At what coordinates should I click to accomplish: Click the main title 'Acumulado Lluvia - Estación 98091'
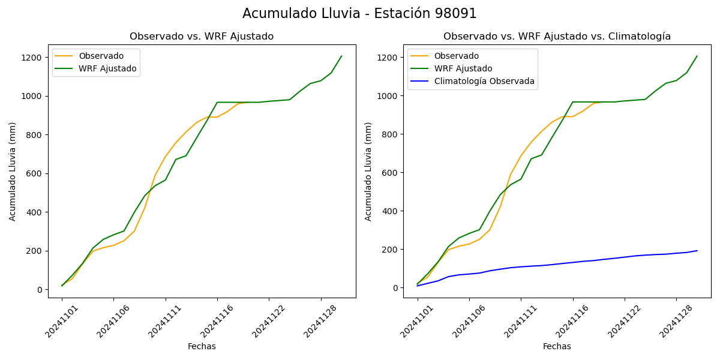[359, 14]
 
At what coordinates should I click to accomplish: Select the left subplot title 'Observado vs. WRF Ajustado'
[202, 37]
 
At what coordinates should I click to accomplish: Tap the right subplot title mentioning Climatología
[557, 37]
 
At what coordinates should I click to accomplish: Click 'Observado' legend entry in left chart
[101, 56]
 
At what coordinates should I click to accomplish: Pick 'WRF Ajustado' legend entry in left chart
[107, 69]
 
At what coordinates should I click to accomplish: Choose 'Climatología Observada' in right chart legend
[484, 81]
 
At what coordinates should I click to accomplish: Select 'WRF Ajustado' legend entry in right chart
[463, 69]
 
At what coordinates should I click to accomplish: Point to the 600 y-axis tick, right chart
[391, 173]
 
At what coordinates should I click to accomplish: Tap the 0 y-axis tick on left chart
[40, 290]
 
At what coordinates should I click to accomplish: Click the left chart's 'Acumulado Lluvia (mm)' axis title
[13, 172]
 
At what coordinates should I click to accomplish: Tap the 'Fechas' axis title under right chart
[557, 347]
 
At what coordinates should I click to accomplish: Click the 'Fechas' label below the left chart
[202, 347]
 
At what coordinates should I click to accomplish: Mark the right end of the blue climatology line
[697, 251]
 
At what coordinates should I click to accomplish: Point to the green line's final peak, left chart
[341, 56]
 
